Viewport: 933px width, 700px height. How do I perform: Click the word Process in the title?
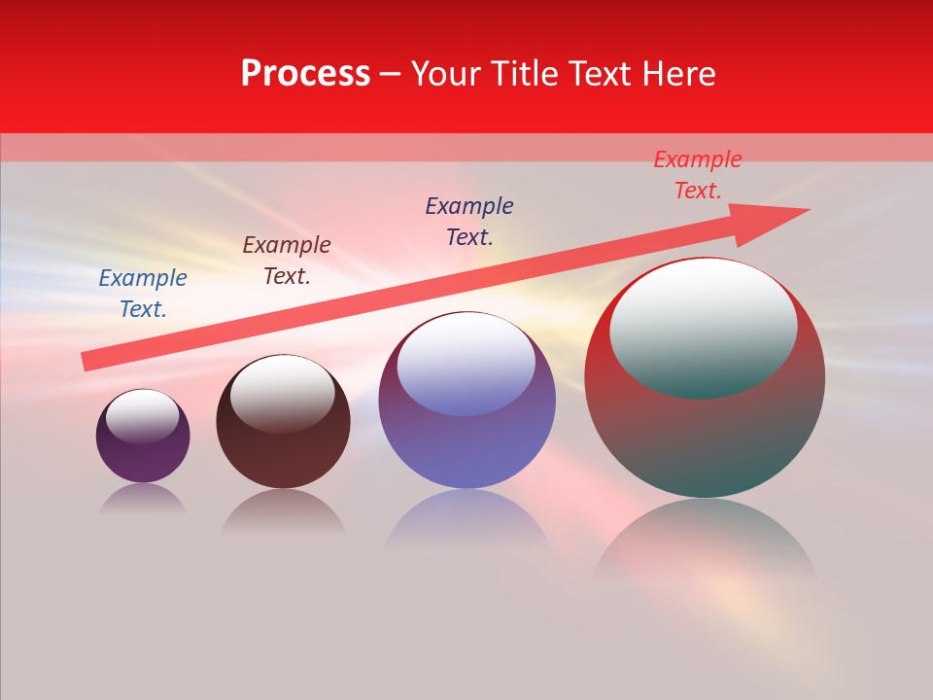pos(305,74)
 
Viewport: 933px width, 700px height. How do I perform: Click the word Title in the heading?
pos(526,74)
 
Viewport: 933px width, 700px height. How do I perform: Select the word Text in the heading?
pos(600,74)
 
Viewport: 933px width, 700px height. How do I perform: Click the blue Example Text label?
pos(143,294)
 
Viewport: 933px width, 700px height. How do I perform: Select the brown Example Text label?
pos(287,261)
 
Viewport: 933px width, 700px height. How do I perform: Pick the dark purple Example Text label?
pos(469,222)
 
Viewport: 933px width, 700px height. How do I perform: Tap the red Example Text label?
pos(698,175)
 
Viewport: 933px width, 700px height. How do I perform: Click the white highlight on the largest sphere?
pos(704,326)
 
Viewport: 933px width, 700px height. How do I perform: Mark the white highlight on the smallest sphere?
pos(143,416)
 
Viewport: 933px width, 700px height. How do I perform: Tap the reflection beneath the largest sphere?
pos(705,544)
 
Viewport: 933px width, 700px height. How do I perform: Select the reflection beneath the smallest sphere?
pos(144,500)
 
